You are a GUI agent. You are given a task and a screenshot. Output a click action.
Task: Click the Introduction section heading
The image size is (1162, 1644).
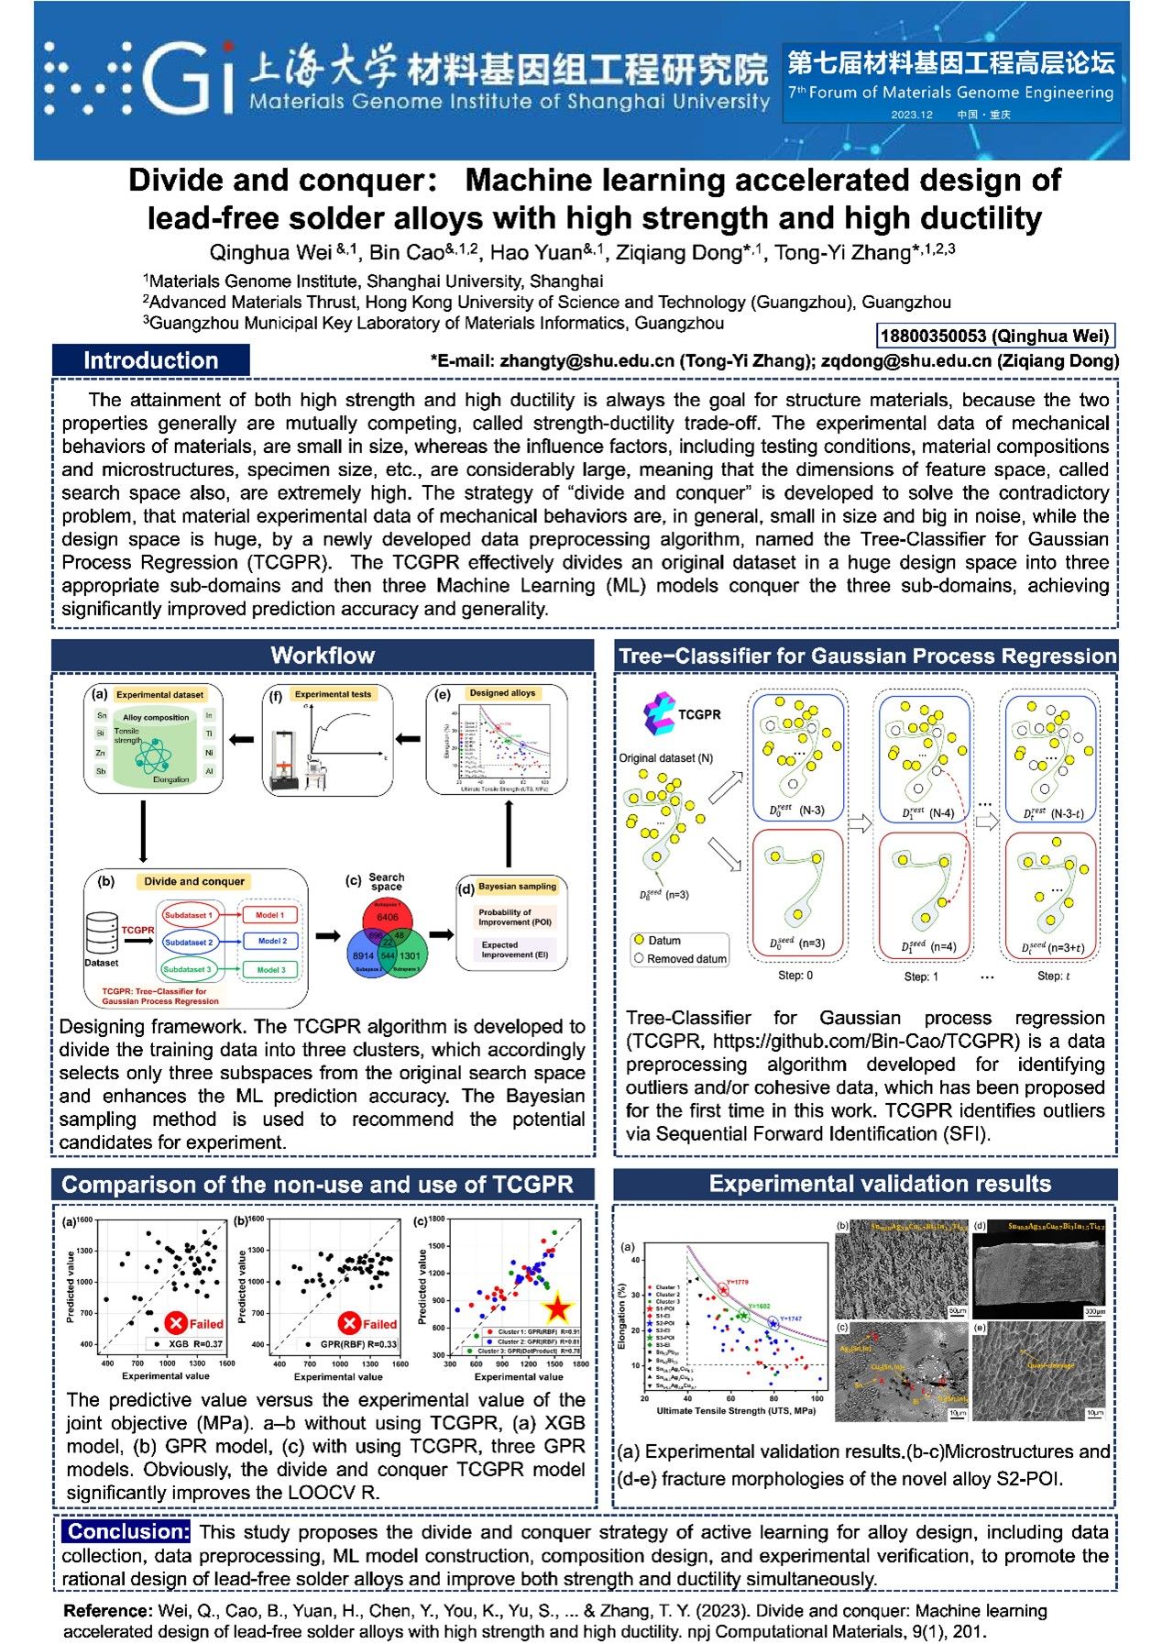click(x=150, y=360)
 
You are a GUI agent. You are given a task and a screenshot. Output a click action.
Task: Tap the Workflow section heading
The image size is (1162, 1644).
click(x=323, y=655)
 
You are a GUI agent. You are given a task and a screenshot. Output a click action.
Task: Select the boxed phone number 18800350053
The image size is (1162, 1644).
click(x=994, y=336)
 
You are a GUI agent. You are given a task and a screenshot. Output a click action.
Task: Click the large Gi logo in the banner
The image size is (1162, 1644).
click(x=188, y=78)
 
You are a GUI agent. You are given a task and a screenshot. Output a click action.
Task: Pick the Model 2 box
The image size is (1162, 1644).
click(x=271, y=941)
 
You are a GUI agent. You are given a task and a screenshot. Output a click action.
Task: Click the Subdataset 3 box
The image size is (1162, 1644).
click(x=188, y=968)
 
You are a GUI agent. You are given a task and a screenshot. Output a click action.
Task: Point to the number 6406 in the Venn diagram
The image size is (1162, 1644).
click(x=388, y=916)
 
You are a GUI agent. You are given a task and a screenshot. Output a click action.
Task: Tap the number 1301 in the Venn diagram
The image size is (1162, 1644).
click(x=410, y=955)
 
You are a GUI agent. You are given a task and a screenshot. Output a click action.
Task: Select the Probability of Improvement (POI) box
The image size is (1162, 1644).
click(x=514, y=917)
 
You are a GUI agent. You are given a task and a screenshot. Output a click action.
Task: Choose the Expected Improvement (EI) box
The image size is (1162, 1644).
click(x=514, y=949)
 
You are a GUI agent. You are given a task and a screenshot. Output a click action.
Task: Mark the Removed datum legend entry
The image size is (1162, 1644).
click(x=679, y=958)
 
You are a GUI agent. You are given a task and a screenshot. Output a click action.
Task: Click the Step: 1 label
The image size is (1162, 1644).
click(x=921, y=976)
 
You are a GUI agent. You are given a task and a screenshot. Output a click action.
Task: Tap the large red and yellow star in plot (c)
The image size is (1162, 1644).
click(x=557, y=1309)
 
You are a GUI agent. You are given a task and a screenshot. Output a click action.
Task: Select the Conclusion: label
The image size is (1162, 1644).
click(x=127, y=1531)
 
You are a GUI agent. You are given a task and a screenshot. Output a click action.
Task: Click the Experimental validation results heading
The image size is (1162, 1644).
click(x=879, y=1184)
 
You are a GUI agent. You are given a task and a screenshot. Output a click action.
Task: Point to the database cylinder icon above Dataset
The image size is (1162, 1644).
click(x=101, y=932)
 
